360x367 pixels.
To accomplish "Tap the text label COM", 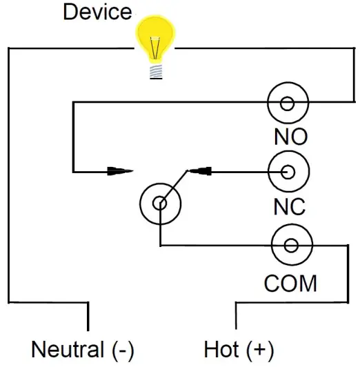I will [x=291, y=283].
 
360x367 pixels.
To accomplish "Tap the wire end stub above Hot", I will [x=237, y=316].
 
